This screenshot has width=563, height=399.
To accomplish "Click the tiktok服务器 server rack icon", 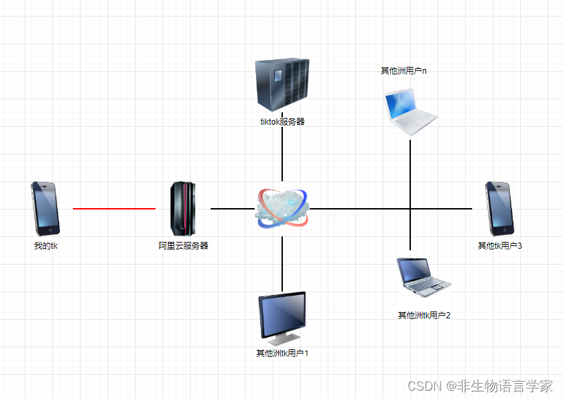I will tap(282, 85).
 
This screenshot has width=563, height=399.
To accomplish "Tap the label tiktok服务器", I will tap(282, 122).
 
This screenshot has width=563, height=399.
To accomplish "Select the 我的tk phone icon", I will tap(45, 208).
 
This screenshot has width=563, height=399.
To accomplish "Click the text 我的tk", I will tap(46, 245).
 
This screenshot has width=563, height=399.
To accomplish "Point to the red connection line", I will tap(114, 208).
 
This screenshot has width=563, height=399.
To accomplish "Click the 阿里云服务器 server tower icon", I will tap(183, 208).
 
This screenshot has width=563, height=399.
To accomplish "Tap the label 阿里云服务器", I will tap(183, 245).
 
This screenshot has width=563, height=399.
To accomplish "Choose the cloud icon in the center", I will tap(282, 207).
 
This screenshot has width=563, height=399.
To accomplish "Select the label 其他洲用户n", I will tap(404, 70).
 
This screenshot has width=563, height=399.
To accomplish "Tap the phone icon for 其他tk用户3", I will tap(500, 208).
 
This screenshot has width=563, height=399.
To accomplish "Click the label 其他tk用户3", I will tap(500, 245).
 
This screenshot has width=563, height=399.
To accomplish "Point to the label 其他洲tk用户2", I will tap(424, 316).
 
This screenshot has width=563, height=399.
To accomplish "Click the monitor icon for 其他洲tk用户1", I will tap(282, 318).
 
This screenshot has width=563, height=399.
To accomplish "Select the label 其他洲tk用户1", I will tap(282, 354).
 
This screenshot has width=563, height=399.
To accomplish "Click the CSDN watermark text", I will tap(480, 385).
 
